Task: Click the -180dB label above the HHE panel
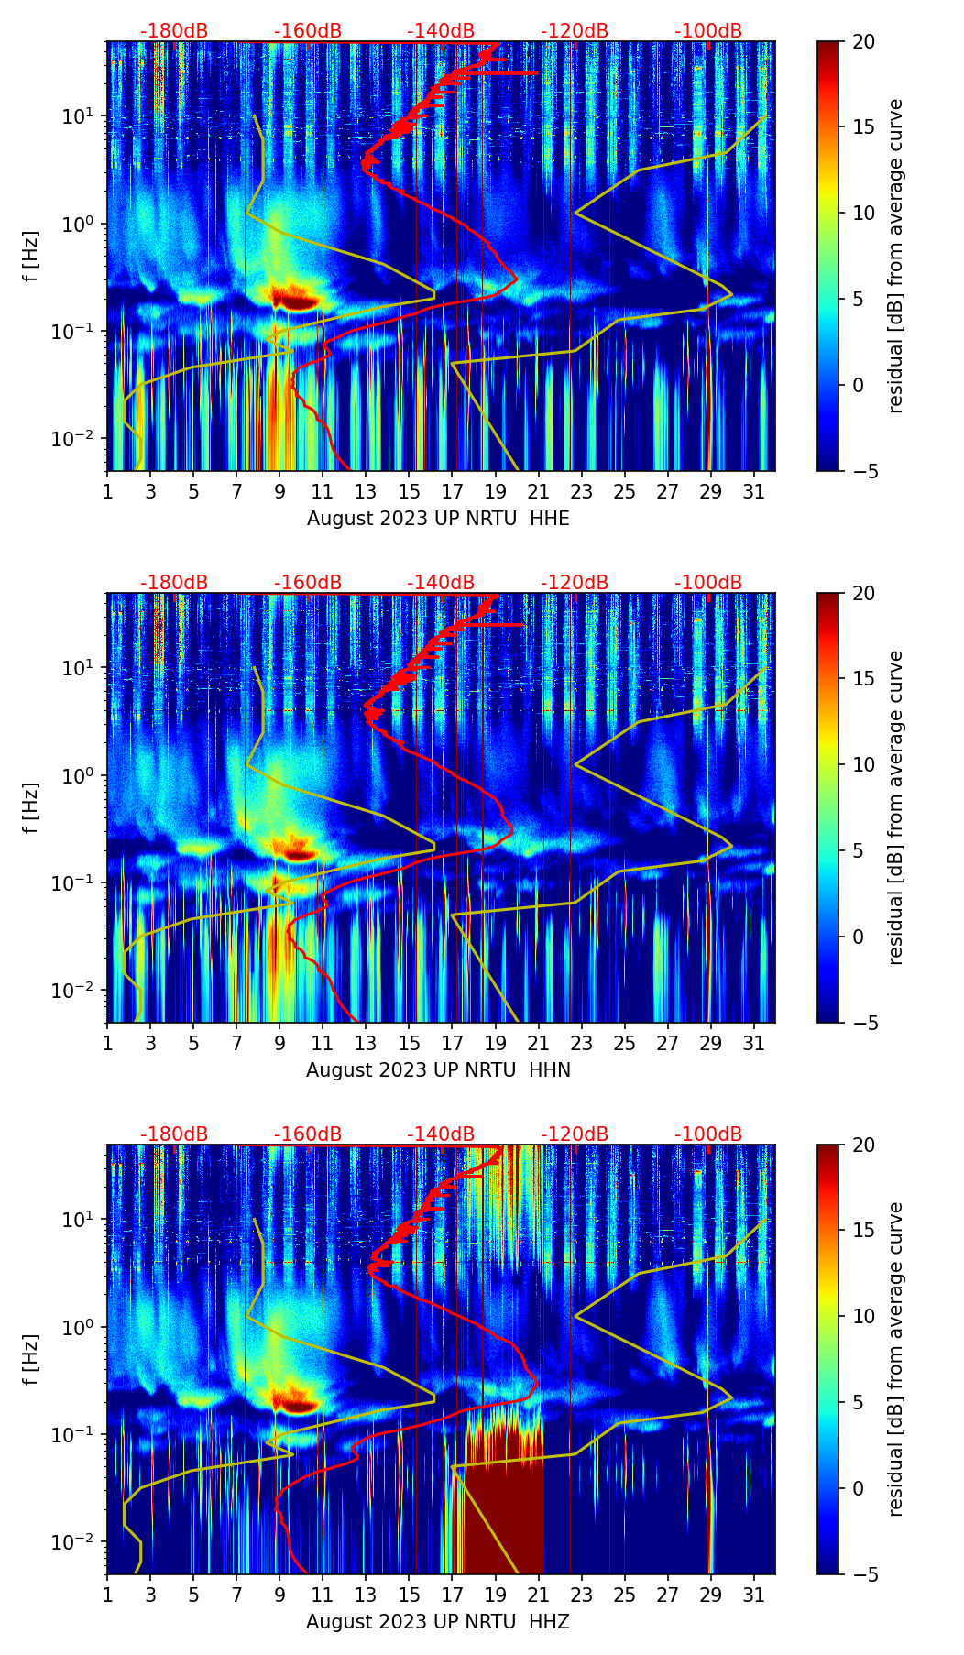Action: (x=174, y=31)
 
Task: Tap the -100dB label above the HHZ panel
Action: (x=708, y=1134)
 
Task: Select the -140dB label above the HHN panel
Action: (x=441, y=583)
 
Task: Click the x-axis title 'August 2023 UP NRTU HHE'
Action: (x=438, y=519)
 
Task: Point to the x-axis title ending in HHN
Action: (x=438, y=1070)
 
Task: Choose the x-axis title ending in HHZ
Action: (x=438, y=1622)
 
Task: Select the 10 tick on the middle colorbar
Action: (x=864, y=764)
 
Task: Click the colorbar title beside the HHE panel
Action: (x=896, y=256)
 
